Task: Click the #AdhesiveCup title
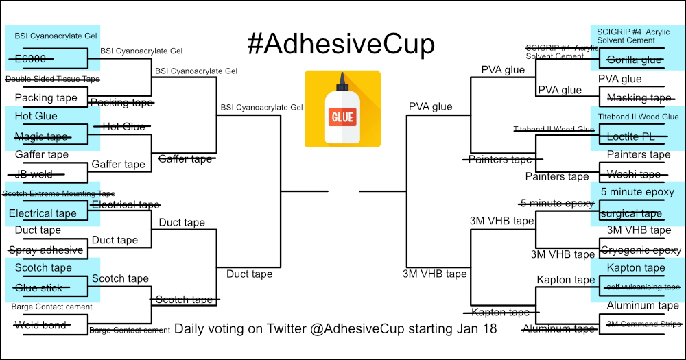pos(341,45)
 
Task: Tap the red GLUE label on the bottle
pos(342,117)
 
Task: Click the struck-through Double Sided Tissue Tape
pos(51,79)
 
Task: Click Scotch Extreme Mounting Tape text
pos(58,193)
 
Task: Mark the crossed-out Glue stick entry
pos(39,288)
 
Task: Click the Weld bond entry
pos(40,325)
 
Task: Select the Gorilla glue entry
pos(635,60)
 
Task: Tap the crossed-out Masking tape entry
pos(639,98)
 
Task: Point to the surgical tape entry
pos(632,213)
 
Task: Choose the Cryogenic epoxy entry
pos(641,250)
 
